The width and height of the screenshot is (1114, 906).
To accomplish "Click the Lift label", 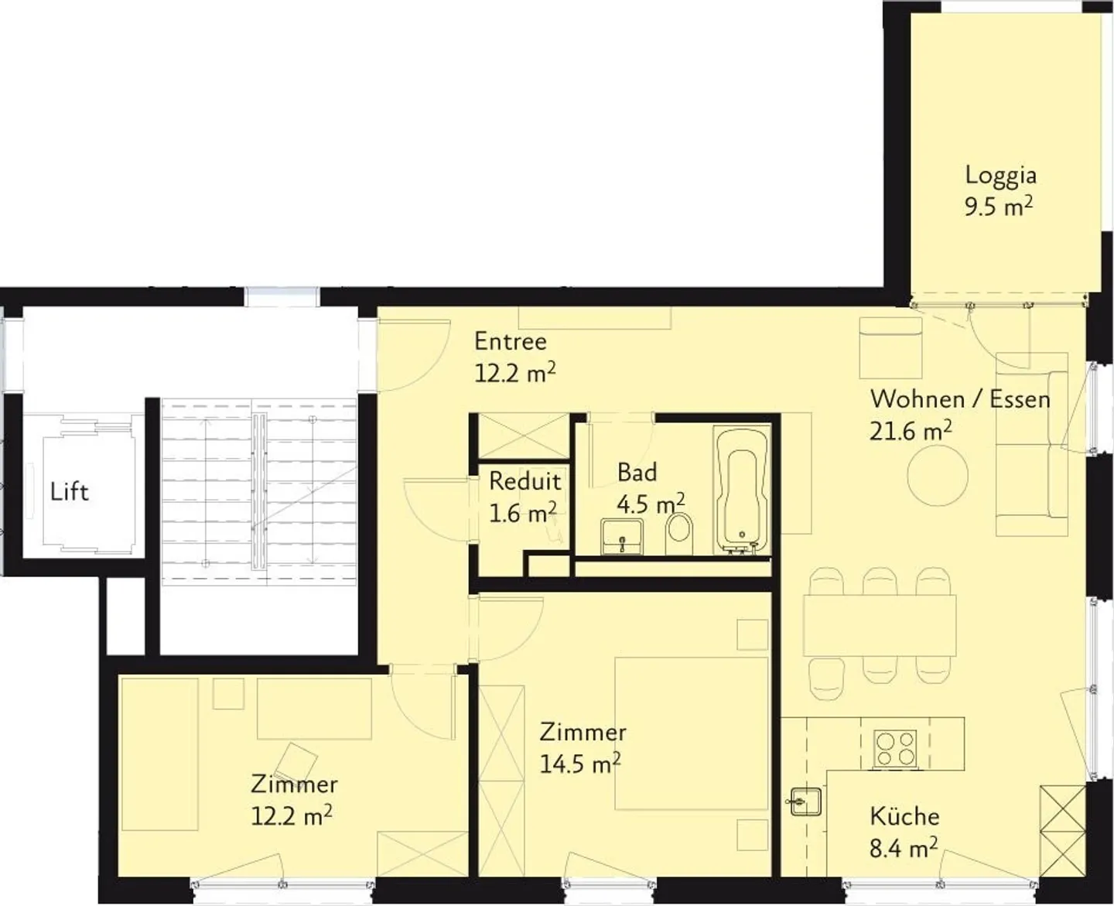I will click(x=70, y=492).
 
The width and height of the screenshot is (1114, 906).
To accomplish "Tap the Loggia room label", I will click(x=1000, y=175).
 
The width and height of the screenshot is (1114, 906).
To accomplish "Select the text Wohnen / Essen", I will click(x=960, y=400).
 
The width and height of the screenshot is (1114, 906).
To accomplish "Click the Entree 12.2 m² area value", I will click(x=515, y=374).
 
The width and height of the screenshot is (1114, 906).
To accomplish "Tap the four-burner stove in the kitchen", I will click(x=895, y=748).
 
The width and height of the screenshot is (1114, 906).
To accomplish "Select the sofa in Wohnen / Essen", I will click(x=1032, y=445).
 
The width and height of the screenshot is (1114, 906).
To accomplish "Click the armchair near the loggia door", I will click(x=890, y=349).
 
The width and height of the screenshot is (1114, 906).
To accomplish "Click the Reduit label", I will click(x=525, y=482).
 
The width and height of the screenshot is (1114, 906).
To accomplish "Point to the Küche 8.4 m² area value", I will click(x=904, y=849).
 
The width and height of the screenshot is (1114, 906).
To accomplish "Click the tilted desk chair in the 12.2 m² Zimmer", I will click(x=296, y=763).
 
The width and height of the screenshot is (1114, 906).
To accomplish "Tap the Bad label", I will click(x=637, y=472).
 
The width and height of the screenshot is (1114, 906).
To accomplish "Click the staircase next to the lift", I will click(x=259, y=491).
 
